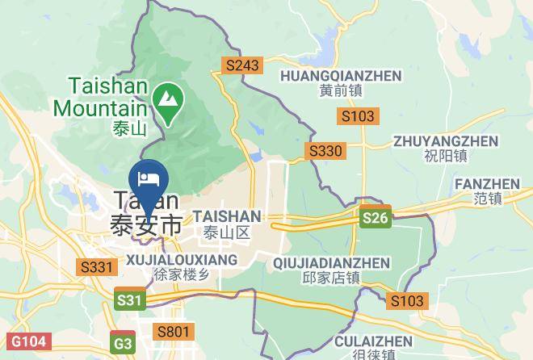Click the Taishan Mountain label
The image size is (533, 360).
coord(101,95)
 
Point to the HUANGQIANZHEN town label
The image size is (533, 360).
coord(340,76)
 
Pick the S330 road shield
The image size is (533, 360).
coord(325,150)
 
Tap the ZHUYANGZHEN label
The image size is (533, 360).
coord(434,141)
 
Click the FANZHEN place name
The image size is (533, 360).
coord(487,184)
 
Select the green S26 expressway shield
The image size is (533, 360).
coord(376,218)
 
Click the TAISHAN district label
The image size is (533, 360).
coord(227,216)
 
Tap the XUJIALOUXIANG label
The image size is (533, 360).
coord(182,260)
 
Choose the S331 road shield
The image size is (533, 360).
coord(96,266)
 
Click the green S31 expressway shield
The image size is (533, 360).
coord(130,300)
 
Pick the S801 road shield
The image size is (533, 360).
coord(174,331)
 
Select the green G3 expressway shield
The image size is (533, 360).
coord(124,343)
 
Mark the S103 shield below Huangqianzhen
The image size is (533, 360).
coord(357,116)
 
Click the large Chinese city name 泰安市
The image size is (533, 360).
coord(146,225)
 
